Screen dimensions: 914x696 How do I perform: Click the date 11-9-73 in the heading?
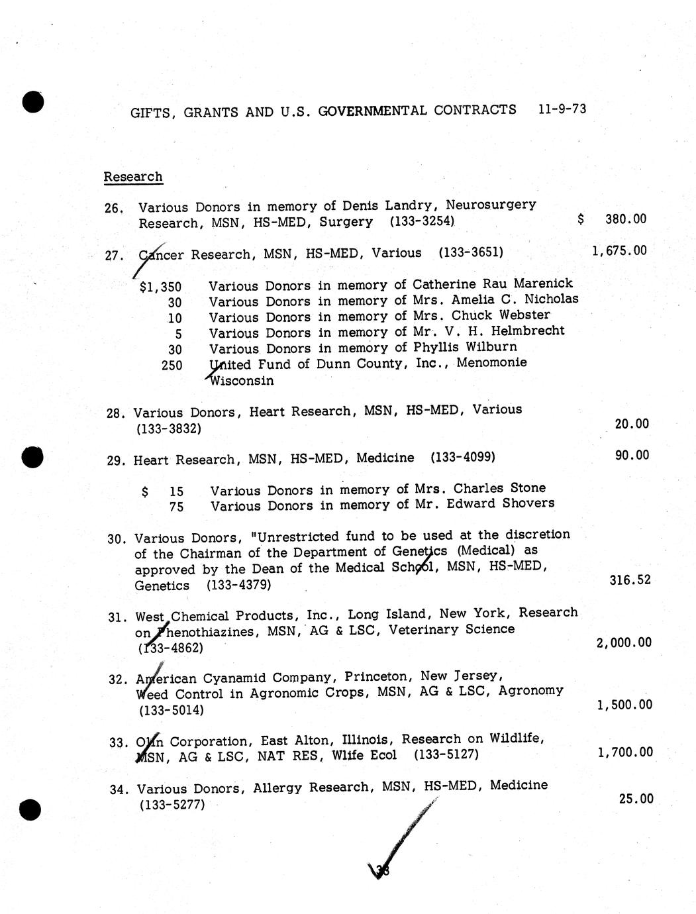pos(562,109)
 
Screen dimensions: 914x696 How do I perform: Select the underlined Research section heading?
pos(133,177)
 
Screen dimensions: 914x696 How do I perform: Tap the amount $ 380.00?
pos(612,219)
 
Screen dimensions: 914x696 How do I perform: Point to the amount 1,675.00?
pos(619,250)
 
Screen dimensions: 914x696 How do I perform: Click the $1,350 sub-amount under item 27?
pos(161,287)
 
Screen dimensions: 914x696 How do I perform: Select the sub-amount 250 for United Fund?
pos(172,365)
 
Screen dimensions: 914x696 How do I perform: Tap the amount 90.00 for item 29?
pos(632,455)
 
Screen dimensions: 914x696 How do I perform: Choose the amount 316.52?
pos(630,580)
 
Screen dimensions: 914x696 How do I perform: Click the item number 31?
pos(116,617)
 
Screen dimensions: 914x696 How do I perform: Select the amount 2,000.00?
pos(624,642)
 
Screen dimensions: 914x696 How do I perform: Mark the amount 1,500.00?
pos(624,705)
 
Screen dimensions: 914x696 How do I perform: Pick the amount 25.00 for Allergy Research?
pos(636,799)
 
